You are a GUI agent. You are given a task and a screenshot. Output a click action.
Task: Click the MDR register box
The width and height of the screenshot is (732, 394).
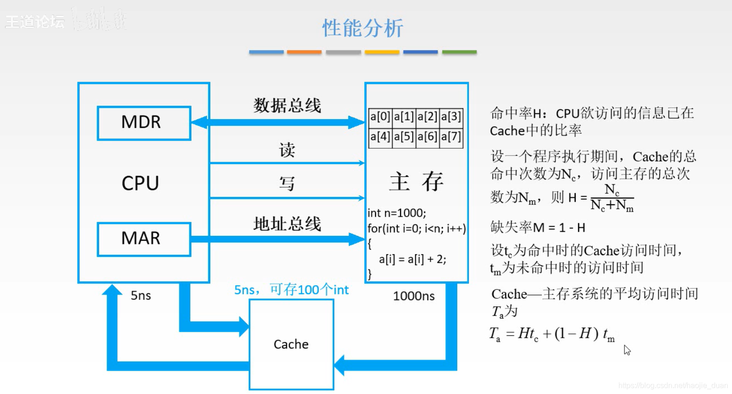point(144,123)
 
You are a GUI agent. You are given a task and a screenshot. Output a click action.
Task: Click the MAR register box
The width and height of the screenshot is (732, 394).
point(144,239)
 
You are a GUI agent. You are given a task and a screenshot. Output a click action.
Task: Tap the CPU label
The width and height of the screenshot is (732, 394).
point(140,183)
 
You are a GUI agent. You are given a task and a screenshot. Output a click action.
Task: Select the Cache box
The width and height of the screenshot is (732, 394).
point(291,344)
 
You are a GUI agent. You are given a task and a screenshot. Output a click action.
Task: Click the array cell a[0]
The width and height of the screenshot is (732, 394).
point(380,117)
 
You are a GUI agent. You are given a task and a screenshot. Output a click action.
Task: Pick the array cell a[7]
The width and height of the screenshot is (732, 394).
point(451,137)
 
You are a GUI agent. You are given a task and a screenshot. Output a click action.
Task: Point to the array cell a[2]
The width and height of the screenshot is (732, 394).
point(427,117)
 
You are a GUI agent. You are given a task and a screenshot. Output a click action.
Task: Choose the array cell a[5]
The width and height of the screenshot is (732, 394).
point(404,137)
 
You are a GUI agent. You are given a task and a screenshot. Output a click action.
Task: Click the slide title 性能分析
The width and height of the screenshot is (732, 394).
point(362,28)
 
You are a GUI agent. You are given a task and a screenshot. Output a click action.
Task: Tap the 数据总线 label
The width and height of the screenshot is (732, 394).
point(287,106)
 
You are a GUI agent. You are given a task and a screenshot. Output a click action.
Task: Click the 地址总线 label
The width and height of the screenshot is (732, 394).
point(287,224)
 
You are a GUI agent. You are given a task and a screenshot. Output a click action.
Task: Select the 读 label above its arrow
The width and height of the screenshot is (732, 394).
point(287,150)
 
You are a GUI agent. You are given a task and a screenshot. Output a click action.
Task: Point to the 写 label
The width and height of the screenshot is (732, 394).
point(287,183)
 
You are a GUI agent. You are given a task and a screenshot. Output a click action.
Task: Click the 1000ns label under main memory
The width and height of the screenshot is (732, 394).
point(414,296)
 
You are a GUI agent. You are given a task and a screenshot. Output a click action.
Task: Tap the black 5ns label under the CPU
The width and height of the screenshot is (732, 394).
point(141,295)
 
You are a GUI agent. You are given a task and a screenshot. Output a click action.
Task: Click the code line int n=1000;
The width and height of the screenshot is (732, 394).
point(397,213)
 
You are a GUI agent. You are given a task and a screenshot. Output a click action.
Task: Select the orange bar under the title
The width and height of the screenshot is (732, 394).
point(304,52)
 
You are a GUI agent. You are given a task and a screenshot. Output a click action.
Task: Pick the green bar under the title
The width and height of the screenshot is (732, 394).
point(459,52)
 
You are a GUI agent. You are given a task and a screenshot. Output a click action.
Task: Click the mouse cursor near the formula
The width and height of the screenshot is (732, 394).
point(627,350)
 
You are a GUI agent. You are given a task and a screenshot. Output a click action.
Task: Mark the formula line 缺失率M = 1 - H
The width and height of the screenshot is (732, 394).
point(538,228)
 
